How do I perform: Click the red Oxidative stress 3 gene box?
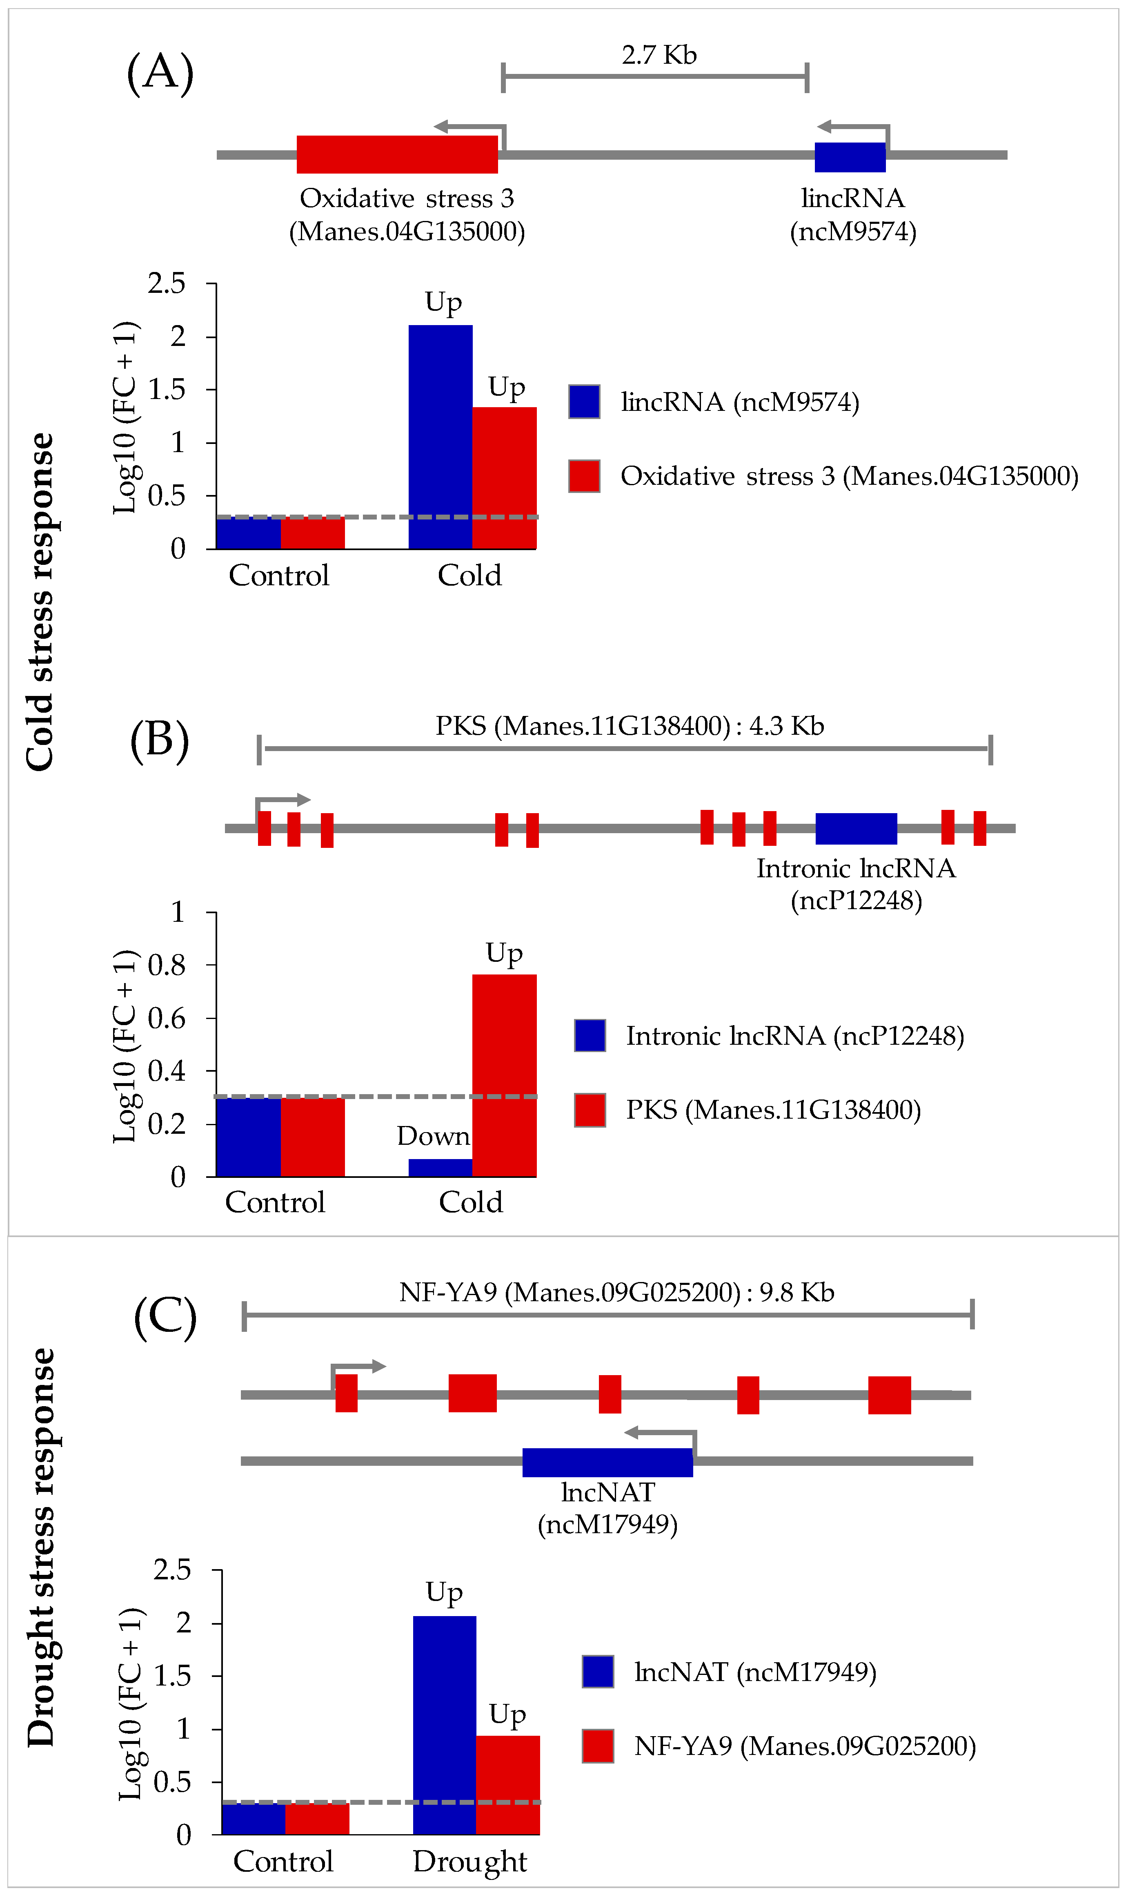pyautogui.click(x=397, y=154)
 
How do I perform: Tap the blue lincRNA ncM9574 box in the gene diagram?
pyautogui.click(x=850, y=156)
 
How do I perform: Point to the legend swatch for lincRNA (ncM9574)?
pyautogui.click(x=584, y=401)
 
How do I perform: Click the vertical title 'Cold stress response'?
pyautogui.click(x=40, y=601)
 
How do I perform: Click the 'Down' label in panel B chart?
pyautogui.click(x=432, y=1136)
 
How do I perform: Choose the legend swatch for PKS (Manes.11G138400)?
pyautogui.click(x=590, y=1110)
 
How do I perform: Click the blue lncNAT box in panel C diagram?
pyautogui.click(x=607, y=1462)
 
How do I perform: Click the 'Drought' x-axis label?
pyautogui.click(x=470, y=1861)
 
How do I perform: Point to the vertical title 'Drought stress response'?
pyautogui.click(x=41, y=1547)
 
